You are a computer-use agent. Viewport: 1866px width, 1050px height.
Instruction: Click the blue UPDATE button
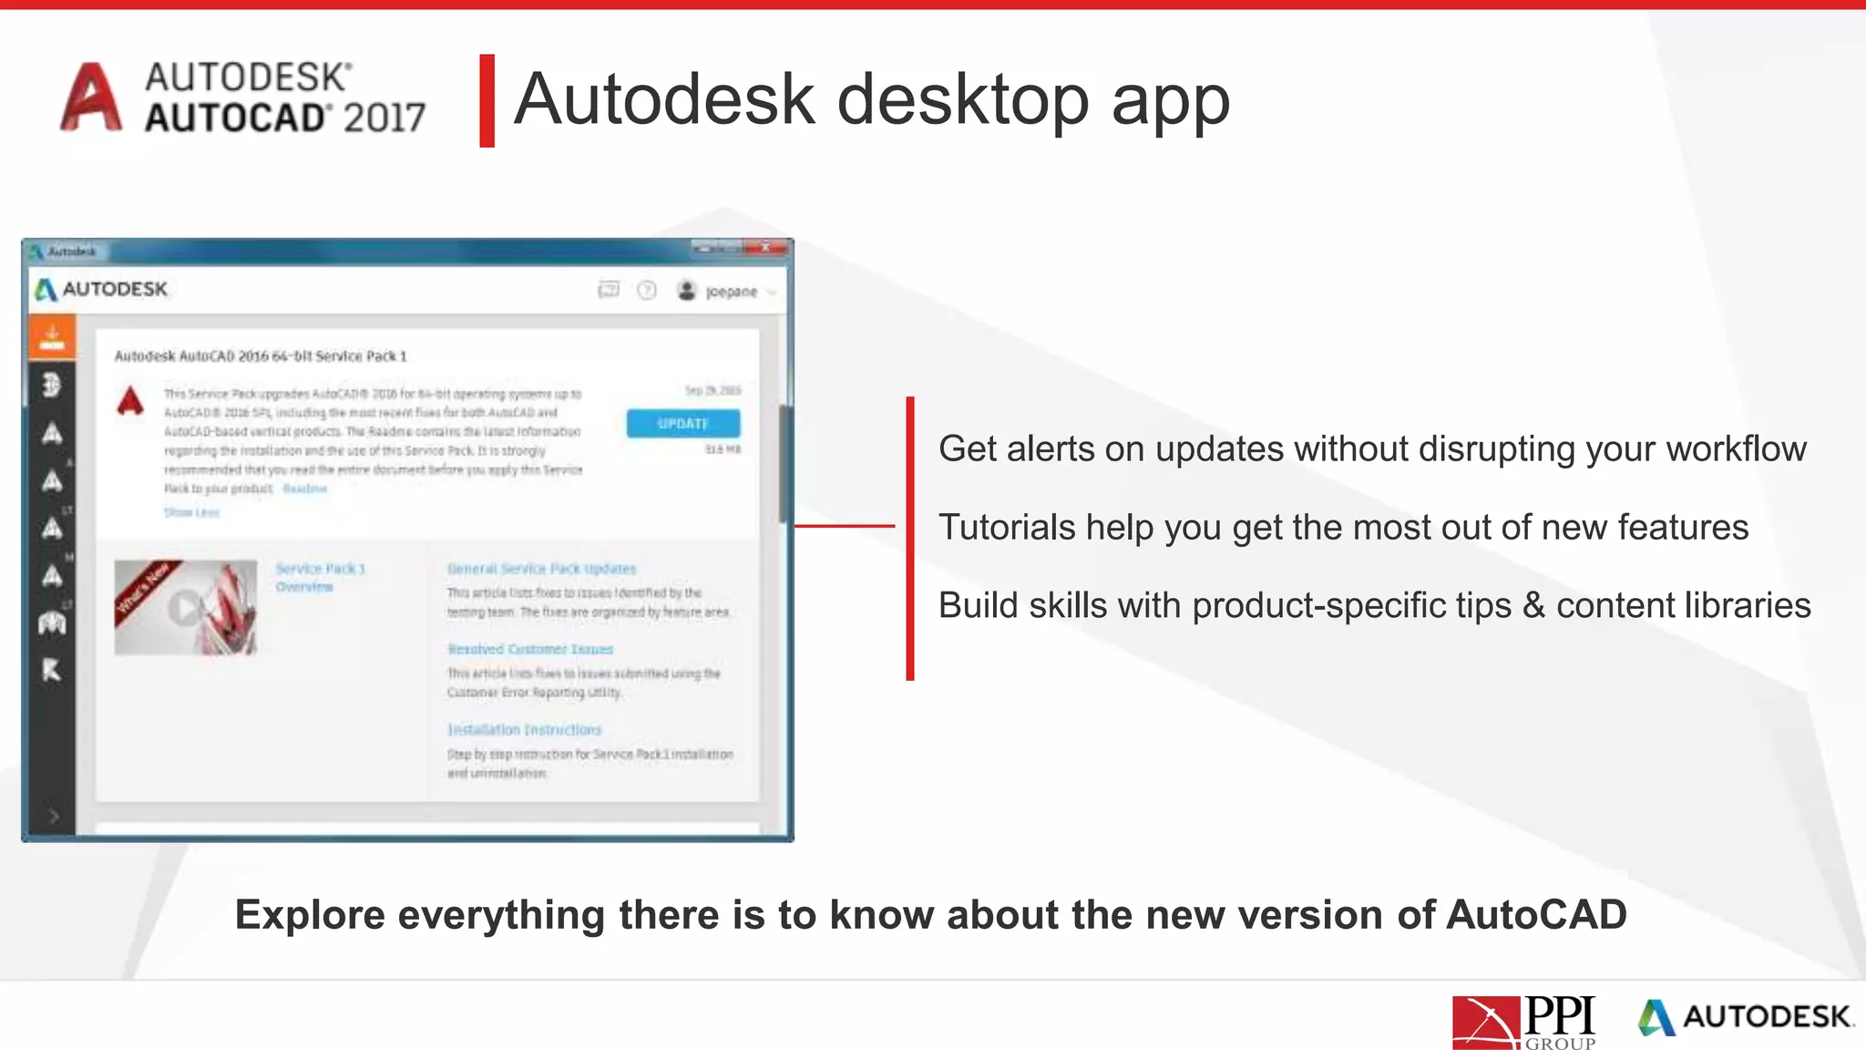click(682, 424)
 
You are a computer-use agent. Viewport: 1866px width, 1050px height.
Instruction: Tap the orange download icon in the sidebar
click(52, 337)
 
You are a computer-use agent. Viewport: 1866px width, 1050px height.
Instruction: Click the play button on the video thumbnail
click(185, 608)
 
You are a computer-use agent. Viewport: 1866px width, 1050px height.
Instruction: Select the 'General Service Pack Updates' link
click(541, 569)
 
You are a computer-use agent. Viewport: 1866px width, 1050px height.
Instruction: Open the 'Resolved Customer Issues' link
click(530, 649)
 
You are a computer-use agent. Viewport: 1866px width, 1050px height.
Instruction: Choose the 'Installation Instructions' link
click(524, 730)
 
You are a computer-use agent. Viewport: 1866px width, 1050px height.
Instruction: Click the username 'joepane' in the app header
click(731, 292)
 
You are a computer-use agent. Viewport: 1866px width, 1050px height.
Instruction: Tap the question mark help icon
click(646, 291)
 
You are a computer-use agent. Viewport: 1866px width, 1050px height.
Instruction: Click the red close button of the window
click(766, 248)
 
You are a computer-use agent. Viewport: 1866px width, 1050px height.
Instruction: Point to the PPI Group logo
click(1523, 1022)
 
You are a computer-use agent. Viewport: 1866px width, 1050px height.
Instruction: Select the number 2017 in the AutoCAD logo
click(384, 118)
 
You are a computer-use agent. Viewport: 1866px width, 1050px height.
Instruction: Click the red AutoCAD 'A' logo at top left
click(90, 98)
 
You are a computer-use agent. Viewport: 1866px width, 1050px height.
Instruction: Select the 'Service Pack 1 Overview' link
click(320, 577)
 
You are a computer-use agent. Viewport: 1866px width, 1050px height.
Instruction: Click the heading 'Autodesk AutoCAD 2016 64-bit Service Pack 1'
click(261, 356)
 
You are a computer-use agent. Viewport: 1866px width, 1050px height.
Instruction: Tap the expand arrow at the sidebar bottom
click(53, 816)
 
